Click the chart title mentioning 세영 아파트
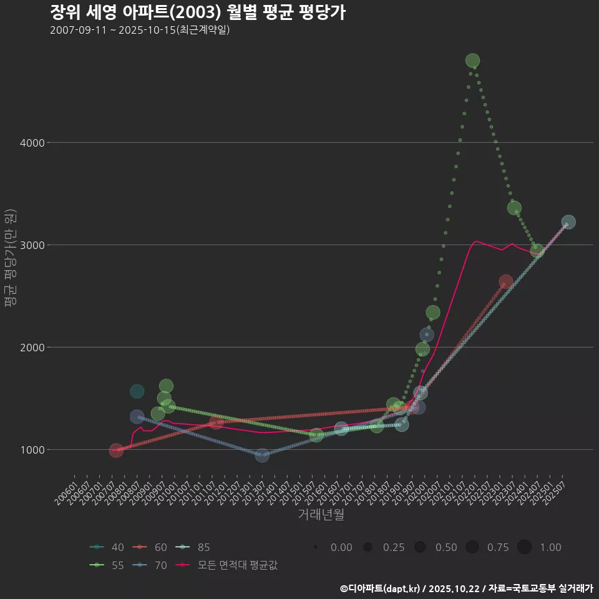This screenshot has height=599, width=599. (197, 12)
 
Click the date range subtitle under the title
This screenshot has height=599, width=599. (140, 30)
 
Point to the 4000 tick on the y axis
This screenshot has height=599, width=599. (31, 143)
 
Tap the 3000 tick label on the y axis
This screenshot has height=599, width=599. (31, 245)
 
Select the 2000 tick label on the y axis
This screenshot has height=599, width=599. (31, 348)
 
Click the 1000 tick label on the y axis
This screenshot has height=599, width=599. (31, 450)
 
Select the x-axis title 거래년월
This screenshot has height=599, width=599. (321, 514)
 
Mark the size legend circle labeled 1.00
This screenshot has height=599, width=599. (524, 547)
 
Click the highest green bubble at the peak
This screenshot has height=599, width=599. (472, 61)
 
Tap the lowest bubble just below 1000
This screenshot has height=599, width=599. (262, 456)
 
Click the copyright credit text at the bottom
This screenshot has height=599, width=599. (466, 588)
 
